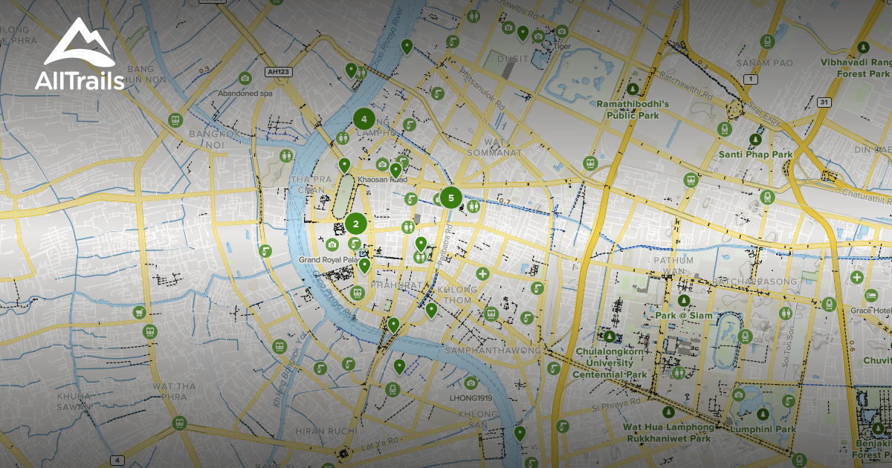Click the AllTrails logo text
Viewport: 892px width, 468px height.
coord(80,80)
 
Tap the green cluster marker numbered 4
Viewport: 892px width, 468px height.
coord(363,118)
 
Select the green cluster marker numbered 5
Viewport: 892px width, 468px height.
coord(450,198)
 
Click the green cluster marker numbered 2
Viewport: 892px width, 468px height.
coord(356,223)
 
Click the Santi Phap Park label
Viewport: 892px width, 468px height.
coord(755,155)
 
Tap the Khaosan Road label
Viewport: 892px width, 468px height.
coord(382,180)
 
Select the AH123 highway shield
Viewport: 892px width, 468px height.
coord(277,72)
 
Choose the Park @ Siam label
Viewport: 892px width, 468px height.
coord(684,316)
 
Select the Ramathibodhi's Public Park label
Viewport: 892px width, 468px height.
coord(633,110)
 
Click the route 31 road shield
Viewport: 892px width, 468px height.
coord(823,101)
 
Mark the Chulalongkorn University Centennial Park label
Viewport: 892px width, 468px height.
coord(610,363)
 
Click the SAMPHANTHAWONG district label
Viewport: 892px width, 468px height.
coord(491,350)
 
